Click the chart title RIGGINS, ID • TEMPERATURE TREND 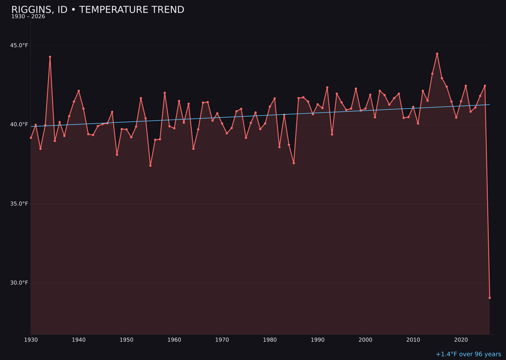pos(97,10)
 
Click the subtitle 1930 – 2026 pos(28,17)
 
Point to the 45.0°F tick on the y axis pos(19,45)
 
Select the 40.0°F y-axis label pos(19,124)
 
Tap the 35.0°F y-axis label pos(19,203)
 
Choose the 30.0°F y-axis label pos(19,283)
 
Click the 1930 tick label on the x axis pos(31,340)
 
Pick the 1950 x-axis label pos(126,340)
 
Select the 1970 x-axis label pos(222,340)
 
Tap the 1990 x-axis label pos(318,340)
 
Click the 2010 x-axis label pos(413,340)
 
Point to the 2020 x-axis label pos(461,340)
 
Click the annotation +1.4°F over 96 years pos(468,354)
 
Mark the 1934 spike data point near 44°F pos(50,57)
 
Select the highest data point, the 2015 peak pos(437,53)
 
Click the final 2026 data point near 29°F pos(490,298)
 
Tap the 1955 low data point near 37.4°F pos(150,165)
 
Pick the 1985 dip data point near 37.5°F pos(294,163)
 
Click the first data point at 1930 pos(31,138)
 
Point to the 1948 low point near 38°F pos(117,154)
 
